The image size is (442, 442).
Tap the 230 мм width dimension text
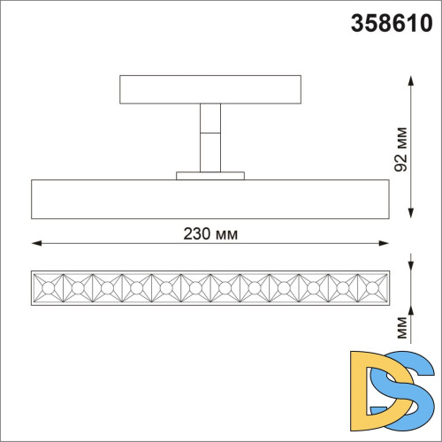tap(210, 233)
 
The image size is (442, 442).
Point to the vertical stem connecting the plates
tap(210, 137)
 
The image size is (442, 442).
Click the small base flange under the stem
tap(210, 175)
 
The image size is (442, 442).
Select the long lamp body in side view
tap(210, 198)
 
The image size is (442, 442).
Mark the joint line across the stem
tap(210, 133)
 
